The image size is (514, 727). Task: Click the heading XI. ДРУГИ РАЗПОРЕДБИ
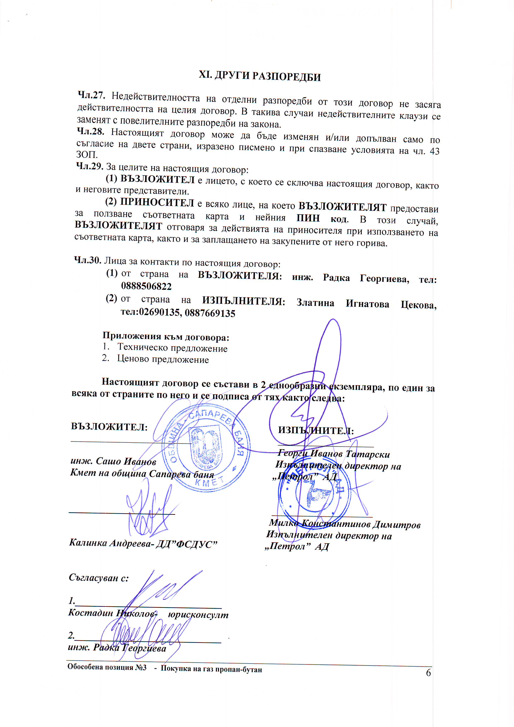259,76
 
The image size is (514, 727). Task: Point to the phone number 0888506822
146,286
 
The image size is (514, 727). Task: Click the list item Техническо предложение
172,348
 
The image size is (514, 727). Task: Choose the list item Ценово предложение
163,359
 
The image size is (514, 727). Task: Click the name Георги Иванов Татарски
334,454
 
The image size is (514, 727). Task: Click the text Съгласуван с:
99,578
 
